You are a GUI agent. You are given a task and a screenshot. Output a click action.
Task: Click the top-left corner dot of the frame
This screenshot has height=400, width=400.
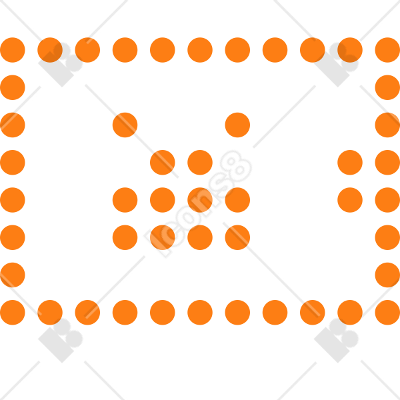coord(13,50)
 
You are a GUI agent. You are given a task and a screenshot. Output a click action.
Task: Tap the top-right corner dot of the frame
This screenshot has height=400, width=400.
coord(387,50)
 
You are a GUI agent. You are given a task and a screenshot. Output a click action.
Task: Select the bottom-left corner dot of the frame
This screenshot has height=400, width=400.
coord(13,313)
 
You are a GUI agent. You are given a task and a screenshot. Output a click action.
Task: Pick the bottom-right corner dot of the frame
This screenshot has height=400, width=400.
coord(387,313)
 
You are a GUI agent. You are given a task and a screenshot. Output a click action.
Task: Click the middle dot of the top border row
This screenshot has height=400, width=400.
coord(200,50)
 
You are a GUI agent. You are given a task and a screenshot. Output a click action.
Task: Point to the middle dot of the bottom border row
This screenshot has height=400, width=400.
coord(200,313)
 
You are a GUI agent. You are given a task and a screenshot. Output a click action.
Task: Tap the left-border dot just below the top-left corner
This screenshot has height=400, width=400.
coord(13,87)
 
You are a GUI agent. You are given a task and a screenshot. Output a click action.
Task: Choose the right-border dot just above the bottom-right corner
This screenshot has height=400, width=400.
coord(387,275)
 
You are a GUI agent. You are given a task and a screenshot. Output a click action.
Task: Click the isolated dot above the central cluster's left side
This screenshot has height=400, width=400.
coord(125,125)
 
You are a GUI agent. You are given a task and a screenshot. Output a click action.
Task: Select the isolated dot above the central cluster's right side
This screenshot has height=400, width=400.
coord(237,125)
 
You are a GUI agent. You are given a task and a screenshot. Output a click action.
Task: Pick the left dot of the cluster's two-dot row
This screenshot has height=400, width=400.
coord(163,163)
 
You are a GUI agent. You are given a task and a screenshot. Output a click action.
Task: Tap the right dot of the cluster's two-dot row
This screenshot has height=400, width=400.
coord(200,163)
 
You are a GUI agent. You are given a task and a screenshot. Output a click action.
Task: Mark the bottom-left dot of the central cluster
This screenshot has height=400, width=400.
coord(125,237)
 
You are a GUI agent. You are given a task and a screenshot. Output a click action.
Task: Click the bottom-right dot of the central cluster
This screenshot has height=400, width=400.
coord(237,237)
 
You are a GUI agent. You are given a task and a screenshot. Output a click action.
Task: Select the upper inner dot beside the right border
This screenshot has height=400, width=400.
coord(350,163)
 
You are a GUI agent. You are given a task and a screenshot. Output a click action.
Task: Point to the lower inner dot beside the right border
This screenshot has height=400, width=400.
coord(350,200)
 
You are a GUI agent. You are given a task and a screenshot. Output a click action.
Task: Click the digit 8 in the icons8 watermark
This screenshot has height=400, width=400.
coord(236,166)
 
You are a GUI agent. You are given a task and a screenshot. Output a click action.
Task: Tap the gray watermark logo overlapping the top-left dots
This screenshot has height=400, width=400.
coord(61,65)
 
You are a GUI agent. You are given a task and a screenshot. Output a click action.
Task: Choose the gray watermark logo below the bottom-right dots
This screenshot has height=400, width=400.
coord(336,340)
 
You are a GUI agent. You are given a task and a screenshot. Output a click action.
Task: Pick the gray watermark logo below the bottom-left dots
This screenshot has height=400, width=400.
coord(61,340)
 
